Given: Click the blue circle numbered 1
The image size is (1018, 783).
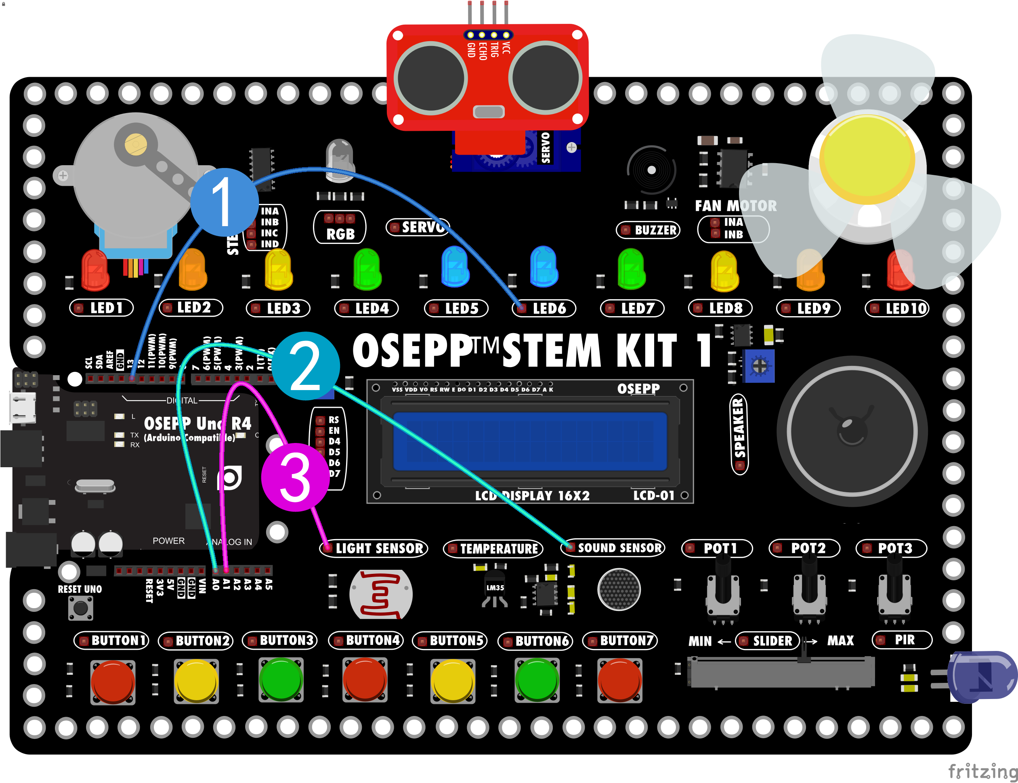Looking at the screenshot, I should pos(224,202).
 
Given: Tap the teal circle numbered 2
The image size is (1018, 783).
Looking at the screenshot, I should pos(305,366).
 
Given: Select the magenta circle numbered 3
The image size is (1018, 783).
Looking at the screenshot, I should pos(295,477).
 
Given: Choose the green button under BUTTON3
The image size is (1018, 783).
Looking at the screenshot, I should pos(281,679).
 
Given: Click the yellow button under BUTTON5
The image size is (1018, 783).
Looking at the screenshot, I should pos(452,680).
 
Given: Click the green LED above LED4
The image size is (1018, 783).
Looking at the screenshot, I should pos(367,269).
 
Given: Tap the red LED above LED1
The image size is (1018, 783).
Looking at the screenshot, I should pos(95,269).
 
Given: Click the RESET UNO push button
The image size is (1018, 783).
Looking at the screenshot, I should pos(81,608).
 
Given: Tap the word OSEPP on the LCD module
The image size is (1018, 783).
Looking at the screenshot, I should pos(638,389).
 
